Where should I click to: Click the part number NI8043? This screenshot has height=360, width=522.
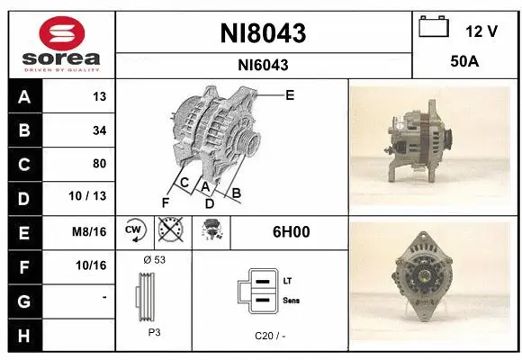(263, 33)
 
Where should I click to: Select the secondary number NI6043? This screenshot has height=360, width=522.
(263, 66)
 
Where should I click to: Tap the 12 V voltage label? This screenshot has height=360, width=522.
(481, 31)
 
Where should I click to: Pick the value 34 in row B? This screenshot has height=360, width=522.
(99, 130)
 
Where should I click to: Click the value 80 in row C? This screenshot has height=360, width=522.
(99, 163)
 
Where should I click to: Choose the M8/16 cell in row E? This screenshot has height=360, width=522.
(91, 231)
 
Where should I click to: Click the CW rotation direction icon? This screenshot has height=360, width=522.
(135, 231)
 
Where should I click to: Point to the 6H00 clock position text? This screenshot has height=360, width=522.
(291, 231)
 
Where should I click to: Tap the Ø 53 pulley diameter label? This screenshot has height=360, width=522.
(154, 259)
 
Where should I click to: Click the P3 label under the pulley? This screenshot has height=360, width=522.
(153, 331)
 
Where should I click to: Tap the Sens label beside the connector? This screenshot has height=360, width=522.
(290, 300)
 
